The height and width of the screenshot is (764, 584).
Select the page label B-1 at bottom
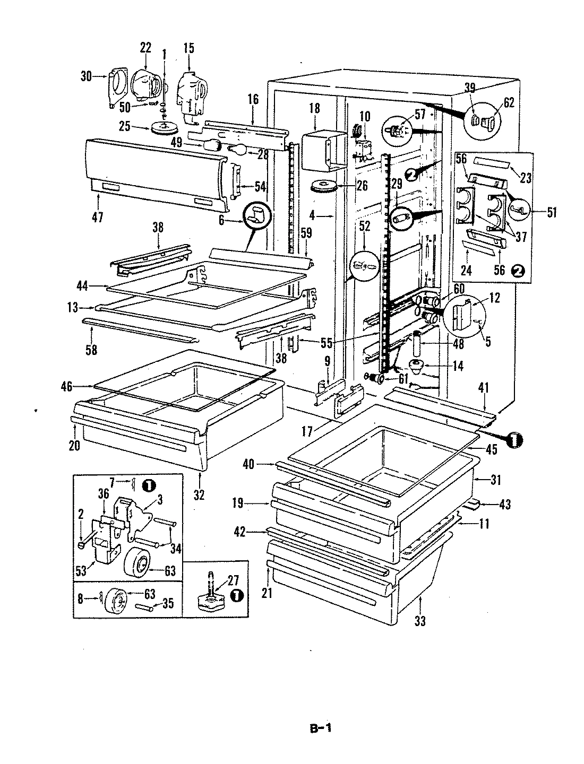click(x=321, y=728)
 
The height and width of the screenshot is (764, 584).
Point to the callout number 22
click(x=145, y=48)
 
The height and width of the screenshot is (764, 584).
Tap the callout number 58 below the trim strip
click(x=91, y=350)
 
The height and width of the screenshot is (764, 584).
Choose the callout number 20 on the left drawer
click(x=74, y=445)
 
